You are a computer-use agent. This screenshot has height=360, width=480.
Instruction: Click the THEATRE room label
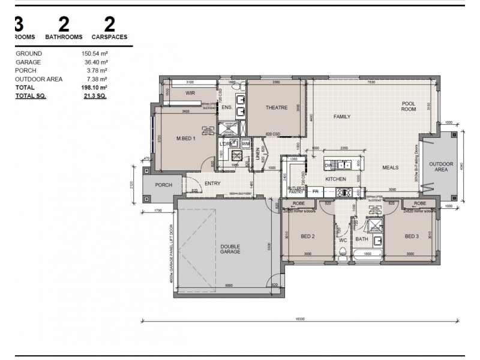[277, 108]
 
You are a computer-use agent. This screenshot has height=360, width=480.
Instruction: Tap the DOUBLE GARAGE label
[230, 248]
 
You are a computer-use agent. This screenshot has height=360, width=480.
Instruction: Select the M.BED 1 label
[186, 139]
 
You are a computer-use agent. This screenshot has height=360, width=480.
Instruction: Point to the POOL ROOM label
[409, 106]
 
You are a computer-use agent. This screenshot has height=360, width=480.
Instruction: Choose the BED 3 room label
[411, 236]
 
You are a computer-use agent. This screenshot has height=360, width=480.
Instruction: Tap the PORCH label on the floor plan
[164, 185]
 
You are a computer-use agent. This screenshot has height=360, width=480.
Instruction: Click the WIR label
[191, 94]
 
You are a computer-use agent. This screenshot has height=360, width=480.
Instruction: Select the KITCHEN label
[335, 179]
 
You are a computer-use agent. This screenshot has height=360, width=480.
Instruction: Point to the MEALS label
[391, 167]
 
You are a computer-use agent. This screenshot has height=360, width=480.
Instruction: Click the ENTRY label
[212, 184]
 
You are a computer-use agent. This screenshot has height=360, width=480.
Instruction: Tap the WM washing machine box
[245, 143]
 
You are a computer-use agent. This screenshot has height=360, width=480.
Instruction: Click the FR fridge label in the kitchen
[315, 191]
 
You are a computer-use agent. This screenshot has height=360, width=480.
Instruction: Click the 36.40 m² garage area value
[95, 62]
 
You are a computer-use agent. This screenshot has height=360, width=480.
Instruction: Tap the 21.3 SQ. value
[95, 95]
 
